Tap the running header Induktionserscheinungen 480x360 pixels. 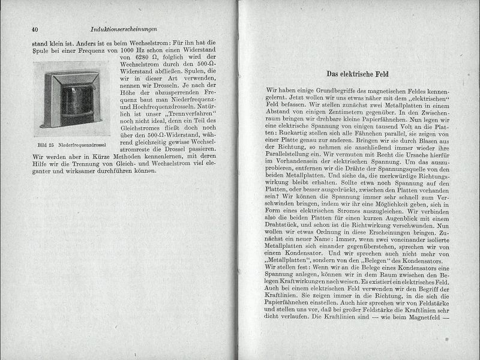[124, 29]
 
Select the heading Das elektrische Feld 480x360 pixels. [359, 74]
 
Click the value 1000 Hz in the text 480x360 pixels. [150, 52]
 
